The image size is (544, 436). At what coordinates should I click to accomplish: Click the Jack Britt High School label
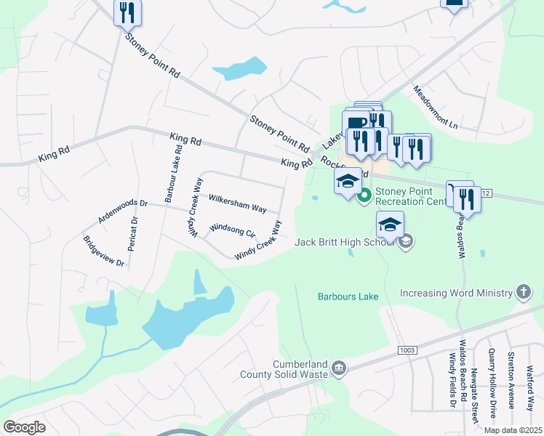coord(345,241)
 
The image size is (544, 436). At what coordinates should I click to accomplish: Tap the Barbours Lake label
coord(348,296)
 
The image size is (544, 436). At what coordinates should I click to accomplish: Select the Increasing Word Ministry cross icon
coord(523,293)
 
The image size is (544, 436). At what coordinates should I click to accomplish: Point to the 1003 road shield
coord(407,350)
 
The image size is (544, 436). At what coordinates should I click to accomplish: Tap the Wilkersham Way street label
coord(237,203)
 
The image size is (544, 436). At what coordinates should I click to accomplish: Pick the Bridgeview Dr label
coord(103,252)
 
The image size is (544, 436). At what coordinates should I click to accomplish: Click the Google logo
coord(24,427)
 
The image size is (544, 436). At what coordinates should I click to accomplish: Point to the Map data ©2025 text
coord(512,430)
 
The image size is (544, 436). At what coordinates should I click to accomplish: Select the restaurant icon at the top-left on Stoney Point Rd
coord(127,12)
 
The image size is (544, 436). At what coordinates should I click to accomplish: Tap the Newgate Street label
coord(474,395)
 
